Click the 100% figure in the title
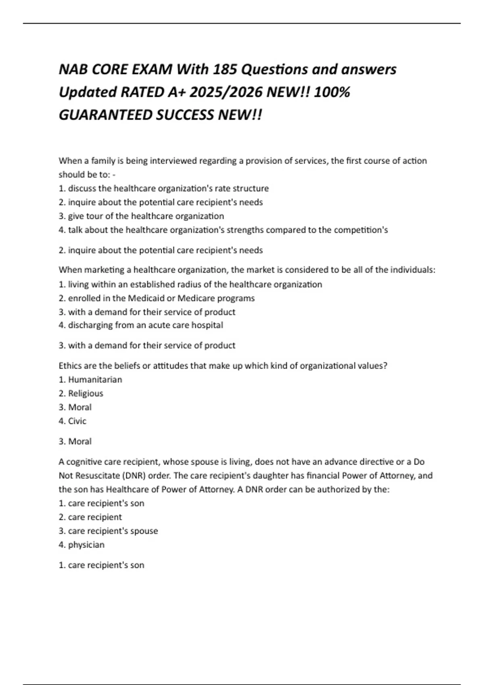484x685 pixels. tap(332, 93)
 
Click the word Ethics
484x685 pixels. tap(71, 366)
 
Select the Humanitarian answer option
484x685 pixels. tap(95, 380)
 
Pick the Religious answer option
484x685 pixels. tap(86, 393)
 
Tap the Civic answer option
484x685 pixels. tap(77, 421)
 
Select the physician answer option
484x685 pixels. tap(86, 545)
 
